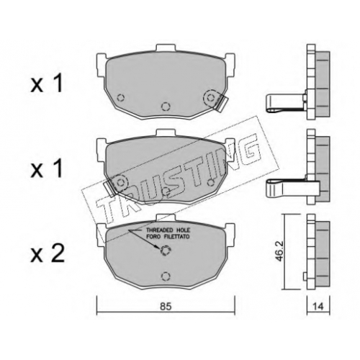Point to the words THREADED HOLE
coord(168,230)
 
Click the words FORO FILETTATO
coord(168,237)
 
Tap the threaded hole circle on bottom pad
coord(165,251)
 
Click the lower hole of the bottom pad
coord(165,276)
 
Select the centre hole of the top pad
coord(165,106)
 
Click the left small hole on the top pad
coord(120,98)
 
